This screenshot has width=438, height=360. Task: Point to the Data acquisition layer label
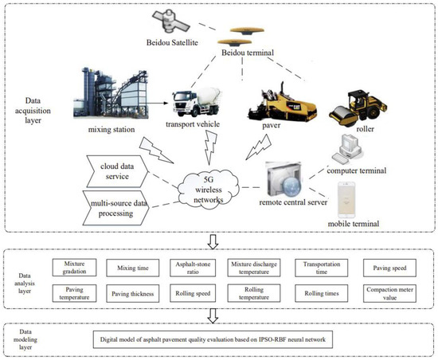[28, 113]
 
